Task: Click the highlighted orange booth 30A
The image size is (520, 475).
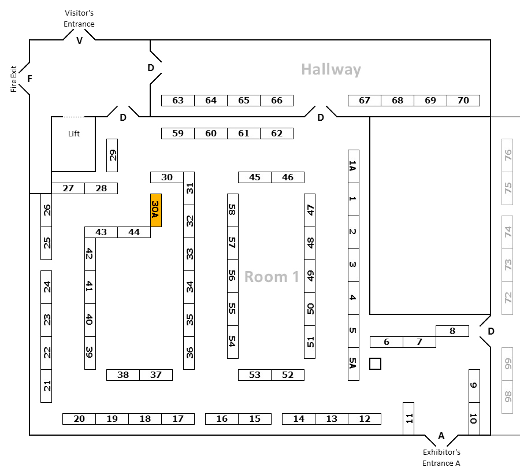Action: pos(156,210)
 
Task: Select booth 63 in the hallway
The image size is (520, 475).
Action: pos(178,101)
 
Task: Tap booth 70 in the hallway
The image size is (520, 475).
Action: pos(463,101)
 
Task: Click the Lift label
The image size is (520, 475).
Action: pos(74,133)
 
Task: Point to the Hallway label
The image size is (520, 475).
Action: pos(331,70)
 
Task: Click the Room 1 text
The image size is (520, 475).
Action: pos(272,277)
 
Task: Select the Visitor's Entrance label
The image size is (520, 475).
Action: pos(79,18)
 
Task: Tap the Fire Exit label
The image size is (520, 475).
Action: pos(13,79)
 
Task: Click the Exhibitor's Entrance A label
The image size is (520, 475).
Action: pos(441,458)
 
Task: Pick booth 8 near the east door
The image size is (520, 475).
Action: pos(452,331)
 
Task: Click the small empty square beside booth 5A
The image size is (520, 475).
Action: pos(375,364)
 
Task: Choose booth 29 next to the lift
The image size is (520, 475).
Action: pos(112,155)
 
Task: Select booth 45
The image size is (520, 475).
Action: pos(255,177)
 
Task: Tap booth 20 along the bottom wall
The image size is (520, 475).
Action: pos(79,419)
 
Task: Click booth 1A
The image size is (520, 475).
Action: pos(354,166)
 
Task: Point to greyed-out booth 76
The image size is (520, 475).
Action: pos(507,155)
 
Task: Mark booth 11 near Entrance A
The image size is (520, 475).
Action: pos(408,418)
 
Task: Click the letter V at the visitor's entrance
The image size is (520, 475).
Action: pos(79,41)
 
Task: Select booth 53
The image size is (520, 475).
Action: pos(255,375)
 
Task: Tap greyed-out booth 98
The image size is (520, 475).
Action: pos(507,397)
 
